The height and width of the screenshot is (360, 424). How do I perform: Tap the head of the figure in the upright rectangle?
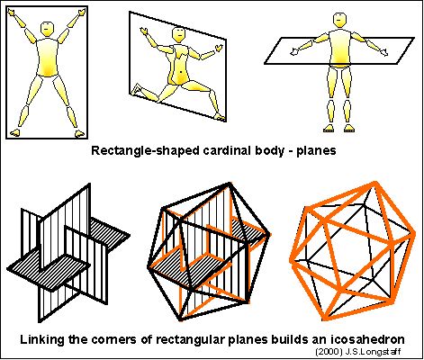coord(47,28)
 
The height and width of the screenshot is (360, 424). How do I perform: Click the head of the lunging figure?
coord(179,34)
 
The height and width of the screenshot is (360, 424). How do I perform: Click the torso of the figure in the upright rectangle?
coord(47,57)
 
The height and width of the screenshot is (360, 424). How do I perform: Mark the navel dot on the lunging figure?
coord(181,72)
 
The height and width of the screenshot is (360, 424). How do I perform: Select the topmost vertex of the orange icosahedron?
coord(374,184)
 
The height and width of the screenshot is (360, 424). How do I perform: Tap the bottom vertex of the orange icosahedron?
coord(325,318)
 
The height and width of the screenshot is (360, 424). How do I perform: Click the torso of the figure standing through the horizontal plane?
coord(340,49)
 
